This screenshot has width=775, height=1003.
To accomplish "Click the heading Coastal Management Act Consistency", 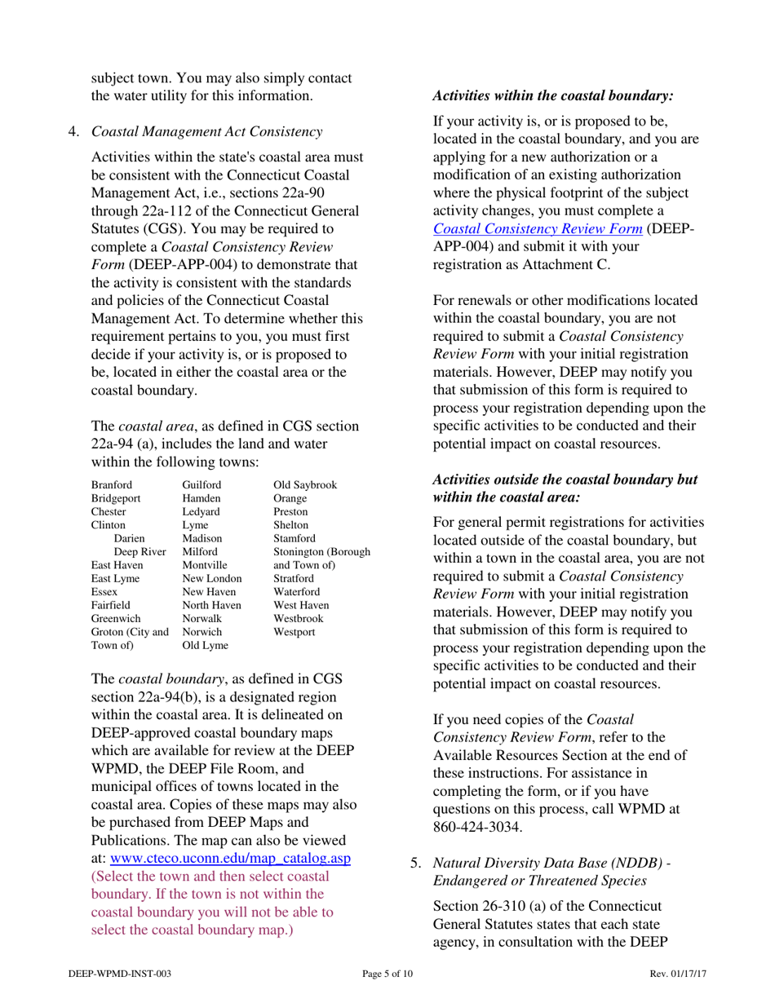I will (x=207, y=131).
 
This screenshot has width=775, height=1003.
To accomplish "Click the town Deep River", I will (x=140, y=552).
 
